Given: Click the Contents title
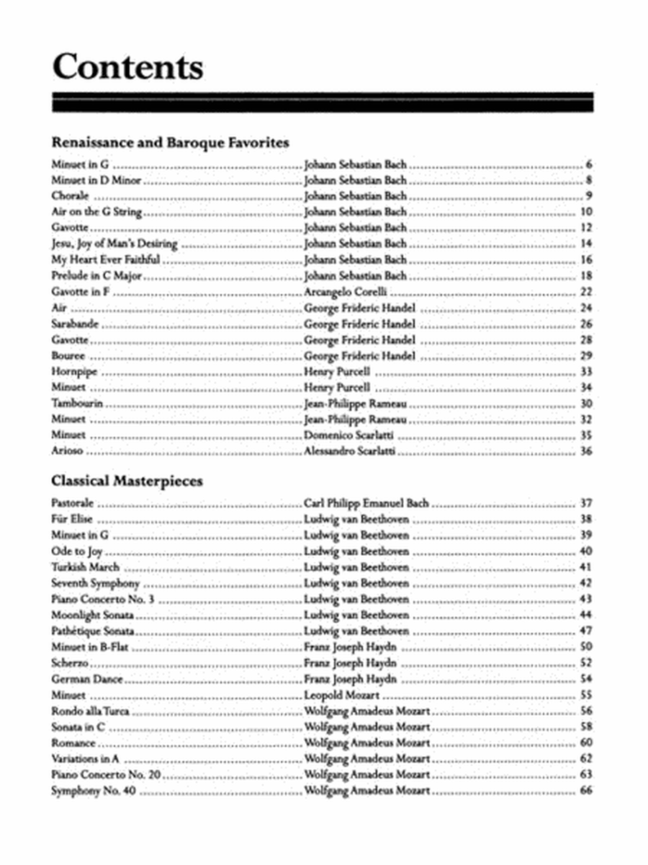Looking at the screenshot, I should [x=127, y=67].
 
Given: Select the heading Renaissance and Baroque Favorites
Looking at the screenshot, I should [x=170, y=142].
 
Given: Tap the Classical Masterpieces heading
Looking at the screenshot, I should [x=127, y=481].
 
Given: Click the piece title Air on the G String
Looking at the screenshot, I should [x=97, y=212].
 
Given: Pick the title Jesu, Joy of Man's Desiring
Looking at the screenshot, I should [x=114, y=244].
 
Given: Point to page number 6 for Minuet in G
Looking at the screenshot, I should [x=588, y=164].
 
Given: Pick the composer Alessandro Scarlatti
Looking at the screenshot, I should [x=350, y=451].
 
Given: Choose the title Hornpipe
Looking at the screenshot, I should [x=74, y=372].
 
